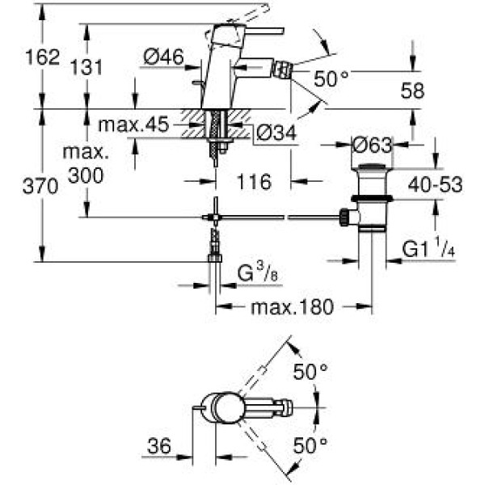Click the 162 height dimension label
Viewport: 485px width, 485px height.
[x=42, y=57]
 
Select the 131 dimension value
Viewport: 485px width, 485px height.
[x=86, y=68]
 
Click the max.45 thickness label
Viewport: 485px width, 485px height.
[x=132, y=125]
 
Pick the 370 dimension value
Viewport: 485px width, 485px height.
[x=41, y=188]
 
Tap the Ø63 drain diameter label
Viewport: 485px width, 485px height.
[x=372, y=145]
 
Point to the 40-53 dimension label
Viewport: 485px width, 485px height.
[x=434, y=185]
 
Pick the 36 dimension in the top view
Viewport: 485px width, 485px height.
[x=160, y=445]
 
